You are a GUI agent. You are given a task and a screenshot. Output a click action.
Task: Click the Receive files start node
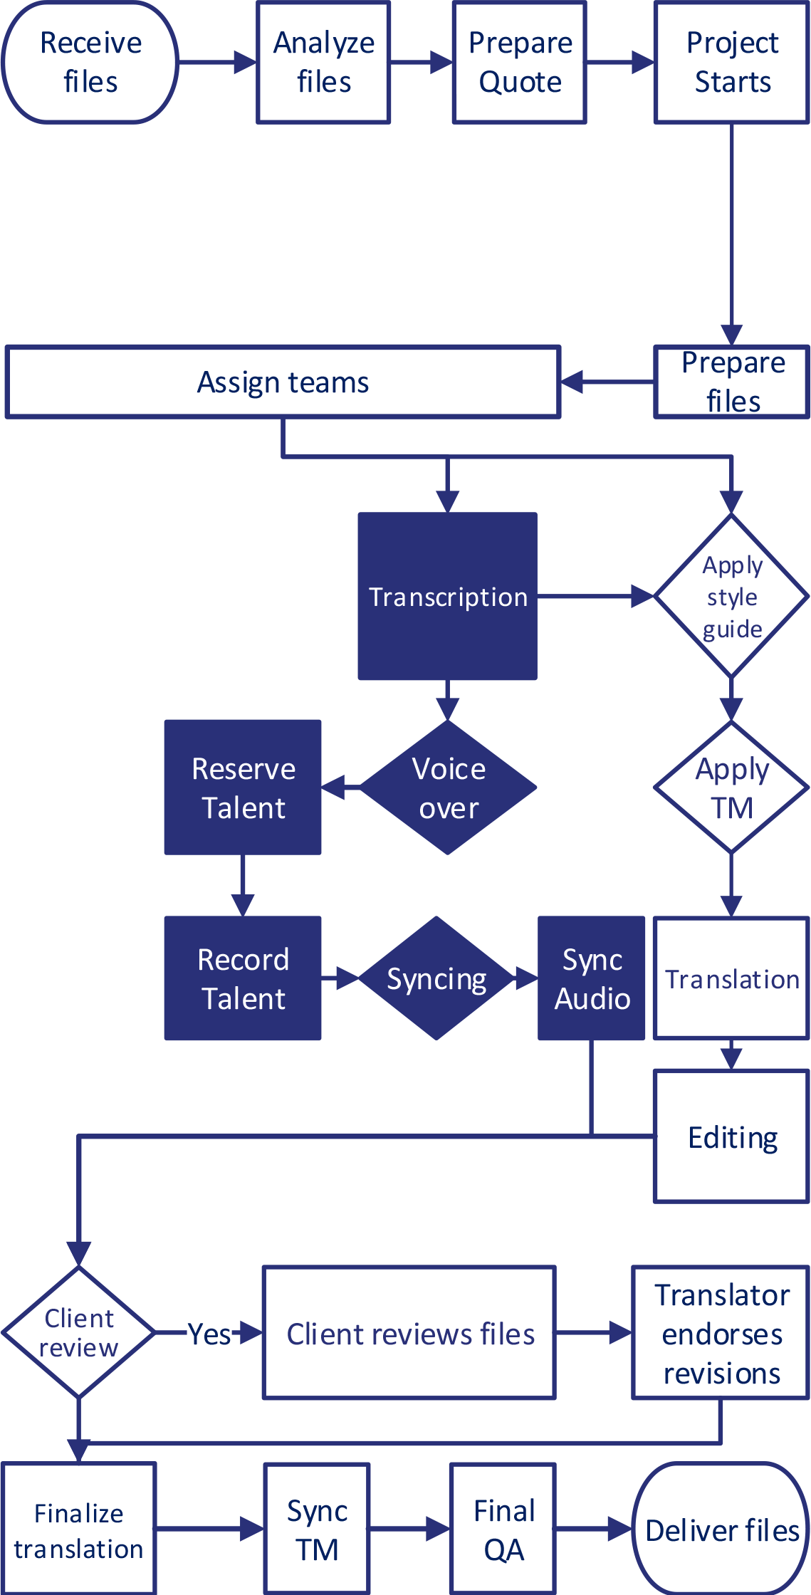click(90, 63)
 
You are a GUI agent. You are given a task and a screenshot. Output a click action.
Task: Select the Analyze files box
click(323, 63)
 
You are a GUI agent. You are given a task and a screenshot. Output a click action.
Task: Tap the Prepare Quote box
click(519, 63)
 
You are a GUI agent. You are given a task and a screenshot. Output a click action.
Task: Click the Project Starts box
click(731, 63)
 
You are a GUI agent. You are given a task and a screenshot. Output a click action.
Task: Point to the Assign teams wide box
click(283, 382)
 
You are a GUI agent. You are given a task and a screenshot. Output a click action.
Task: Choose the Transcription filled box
click(447, 597)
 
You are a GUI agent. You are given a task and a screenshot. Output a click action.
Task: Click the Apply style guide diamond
click(731, 597)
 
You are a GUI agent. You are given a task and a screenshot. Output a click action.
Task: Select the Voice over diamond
click(448, 788)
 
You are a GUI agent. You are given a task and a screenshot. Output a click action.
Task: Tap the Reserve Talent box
click(243, 788)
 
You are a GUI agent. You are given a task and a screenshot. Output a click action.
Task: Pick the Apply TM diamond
click(731, 788)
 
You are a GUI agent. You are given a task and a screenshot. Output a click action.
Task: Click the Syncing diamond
click(436, 978)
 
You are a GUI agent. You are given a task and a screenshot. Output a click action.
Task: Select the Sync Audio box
click(592, 978)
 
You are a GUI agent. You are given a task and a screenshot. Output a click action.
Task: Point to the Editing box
click(731, 1137)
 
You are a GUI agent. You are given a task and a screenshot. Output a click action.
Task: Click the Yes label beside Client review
click(209, 1333)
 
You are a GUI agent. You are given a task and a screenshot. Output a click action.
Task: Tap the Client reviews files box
click(409, 1333)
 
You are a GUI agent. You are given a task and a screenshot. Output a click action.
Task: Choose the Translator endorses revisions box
click(721, 1333)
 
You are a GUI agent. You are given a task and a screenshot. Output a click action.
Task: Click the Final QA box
click(503, 1529)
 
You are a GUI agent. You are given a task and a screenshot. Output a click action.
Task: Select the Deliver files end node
click(721, 1529)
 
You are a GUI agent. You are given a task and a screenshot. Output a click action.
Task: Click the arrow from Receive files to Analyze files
click(216, 63)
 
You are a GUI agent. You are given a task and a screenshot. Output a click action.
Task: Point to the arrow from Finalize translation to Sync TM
click(209, 1528)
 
